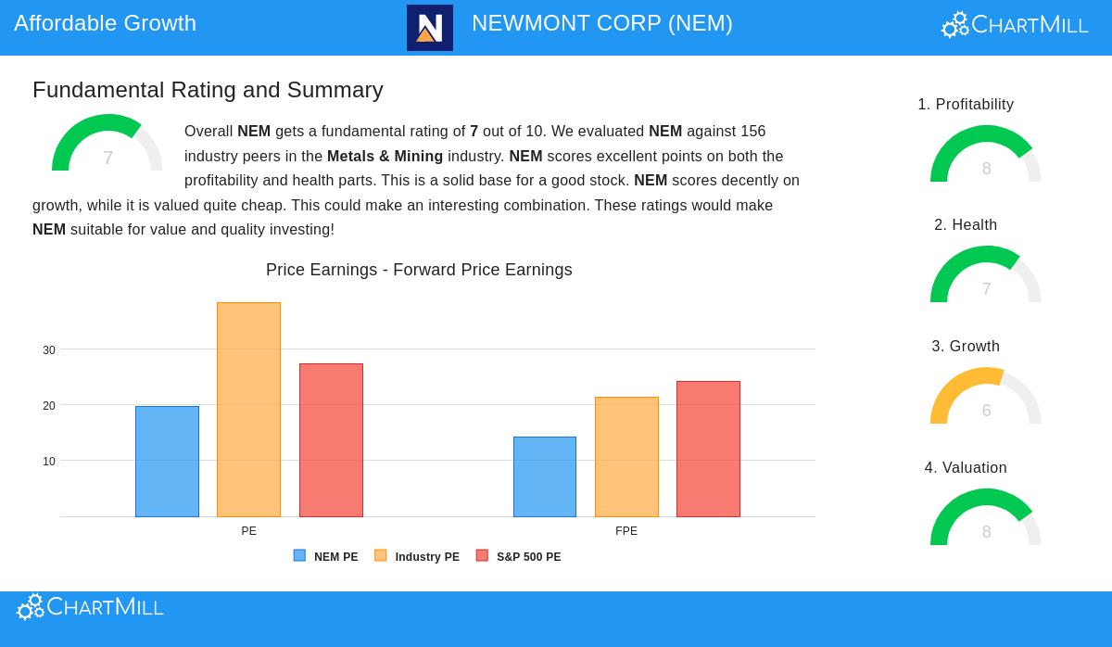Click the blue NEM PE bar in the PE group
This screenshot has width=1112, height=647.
pyautogui.click(x=167, y=461)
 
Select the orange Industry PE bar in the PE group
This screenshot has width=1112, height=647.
pyautogui.click(x=248, y=409)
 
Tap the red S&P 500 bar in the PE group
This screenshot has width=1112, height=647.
pyautogui.click(x=331, y=439)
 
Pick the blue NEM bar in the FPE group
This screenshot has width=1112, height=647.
pyautogui.click(x=545, y=476)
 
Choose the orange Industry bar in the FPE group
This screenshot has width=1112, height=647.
pyautogui.click(x=626, y=456)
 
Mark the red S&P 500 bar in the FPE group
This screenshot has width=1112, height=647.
pyautogui.click(x=708, y=449)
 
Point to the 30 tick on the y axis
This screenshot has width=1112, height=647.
pyautogui.click(x=49, y=350)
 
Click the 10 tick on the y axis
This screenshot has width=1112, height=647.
pyautogui.click(x=49, y=462)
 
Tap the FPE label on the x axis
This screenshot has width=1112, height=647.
pyautogui.click(x=626, y=531)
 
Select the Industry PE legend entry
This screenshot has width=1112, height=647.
pyautogui.click(x=417, y=557)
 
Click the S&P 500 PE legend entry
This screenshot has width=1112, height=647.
pyautogui.click(x=519, y=557)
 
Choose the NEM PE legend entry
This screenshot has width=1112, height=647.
pyautogui.click(x=326, y=557)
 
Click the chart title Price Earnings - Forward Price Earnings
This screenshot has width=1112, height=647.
pyautogui.click(x=419, y=270)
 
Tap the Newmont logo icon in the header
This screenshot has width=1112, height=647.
pyautogui.click(x=430, y=28)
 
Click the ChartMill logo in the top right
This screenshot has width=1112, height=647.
pyautogui.click(x=1015, y=25)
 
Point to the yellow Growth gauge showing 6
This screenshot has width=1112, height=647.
pyautogui.click(x=986, y=397)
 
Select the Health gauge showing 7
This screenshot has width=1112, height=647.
pyautogui.click(x=986, y=275)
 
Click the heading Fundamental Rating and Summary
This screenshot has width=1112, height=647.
pyautogui.click(x=208, y=90)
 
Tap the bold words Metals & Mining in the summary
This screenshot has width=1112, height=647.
pyautogui.click(x=385, y=156)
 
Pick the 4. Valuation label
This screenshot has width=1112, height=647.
pyautogui.click(x=966, y=468)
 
